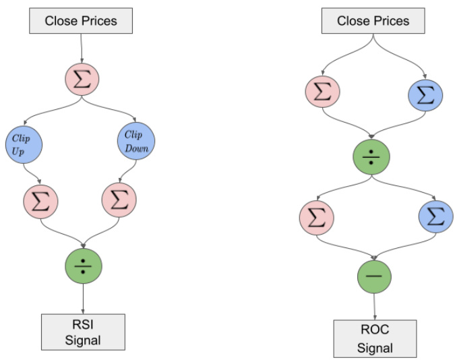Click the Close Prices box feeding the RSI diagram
[x=81, y=21]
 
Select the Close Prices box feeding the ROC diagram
[x=373, y=21]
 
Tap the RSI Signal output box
[x=82, y=330]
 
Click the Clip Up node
[x=24, y=144]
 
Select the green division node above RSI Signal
[x=82, y=266]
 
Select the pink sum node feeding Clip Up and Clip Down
[x=82, y=79]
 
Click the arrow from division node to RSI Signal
[x=82, y=297]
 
